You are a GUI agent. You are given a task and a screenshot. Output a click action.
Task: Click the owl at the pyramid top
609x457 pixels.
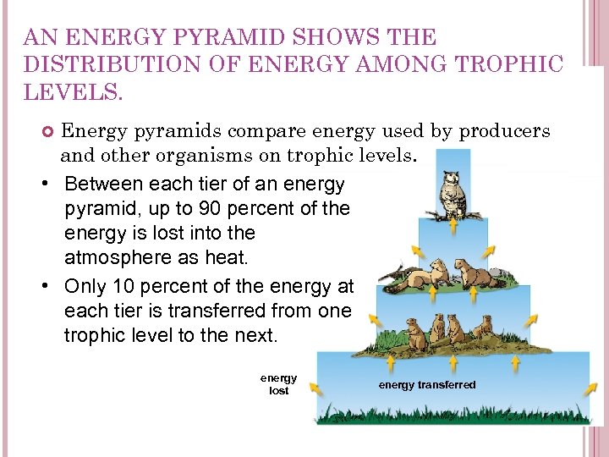click(453, 194)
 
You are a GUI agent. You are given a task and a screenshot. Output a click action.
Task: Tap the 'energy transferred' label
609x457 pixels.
click(427, 385)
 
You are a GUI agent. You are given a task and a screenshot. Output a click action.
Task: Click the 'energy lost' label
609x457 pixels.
click(278, 384)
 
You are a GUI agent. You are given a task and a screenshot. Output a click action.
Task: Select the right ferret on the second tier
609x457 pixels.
click(478, 273)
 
